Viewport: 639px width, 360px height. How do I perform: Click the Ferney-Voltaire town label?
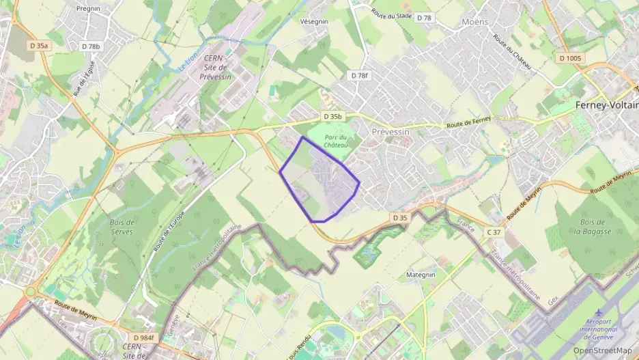tap(607, 105)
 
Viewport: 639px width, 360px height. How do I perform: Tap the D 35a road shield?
tap(40, 46)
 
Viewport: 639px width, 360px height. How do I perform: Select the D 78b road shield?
tap(90, 46)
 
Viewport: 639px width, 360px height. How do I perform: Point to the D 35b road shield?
tap(332, 117)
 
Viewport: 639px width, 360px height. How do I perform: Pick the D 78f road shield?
tap(358, 75)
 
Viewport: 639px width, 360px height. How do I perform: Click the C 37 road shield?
tap(494, 233)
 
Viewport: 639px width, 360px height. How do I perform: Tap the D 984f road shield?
tap(144, 337)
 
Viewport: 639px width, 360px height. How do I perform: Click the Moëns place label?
tap(475, 22)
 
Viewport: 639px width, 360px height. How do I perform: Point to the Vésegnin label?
tap(314, 21)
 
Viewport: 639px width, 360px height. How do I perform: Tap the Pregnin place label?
tap(89, 9)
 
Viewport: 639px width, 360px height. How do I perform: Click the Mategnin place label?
tap(421, 275)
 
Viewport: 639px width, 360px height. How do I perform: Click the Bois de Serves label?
tap(122, 227)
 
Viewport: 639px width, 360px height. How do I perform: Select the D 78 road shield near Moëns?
tap(424, 18)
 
